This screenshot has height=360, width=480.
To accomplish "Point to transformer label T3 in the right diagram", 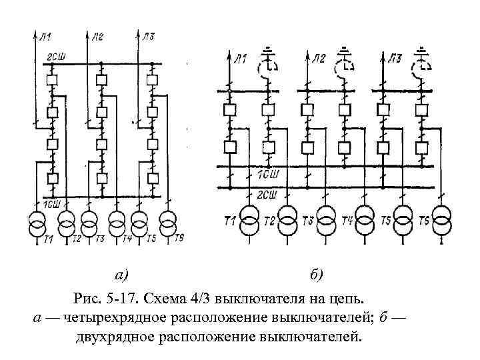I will click(x=308, y=221).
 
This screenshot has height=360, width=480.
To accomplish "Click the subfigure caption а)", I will click(x=121, y=274).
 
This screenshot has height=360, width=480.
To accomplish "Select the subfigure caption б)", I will click(x=316, y=274).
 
